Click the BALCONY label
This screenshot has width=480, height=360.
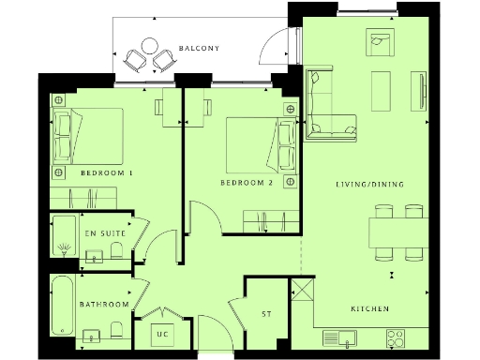199,49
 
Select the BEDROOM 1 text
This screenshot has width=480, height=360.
106,173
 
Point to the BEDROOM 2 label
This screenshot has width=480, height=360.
246,183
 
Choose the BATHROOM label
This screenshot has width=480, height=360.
103,305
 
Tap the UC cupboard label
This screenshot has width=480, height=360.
162,334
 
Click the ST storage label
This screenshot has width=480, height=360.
266,314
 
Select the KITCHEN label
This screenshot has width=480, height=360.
369,309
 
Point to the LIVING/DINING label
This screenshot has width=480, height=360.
370,185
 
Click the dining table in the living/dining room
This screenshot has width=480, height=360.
401,231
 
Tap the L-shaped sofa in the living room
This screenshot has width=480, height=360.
328,103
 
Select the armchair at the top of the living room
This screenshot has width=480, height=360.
381,41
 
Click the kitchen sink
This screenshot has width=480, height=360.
340,337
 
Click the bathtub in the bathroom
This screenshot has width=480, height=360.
63,306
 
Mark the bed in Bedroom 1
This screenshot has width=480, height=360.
89,135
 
